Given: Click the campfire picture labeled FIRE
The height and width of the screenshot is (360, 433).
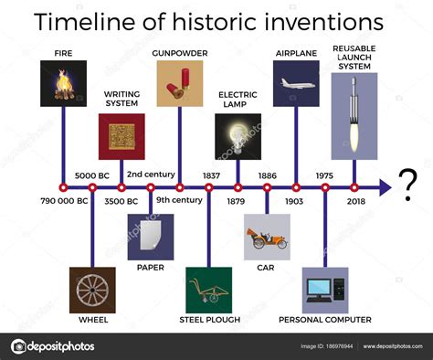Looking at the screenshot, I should coord(64,84).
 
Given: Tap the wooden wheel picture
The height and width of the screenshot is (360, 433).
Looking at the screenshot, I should coord(92,290).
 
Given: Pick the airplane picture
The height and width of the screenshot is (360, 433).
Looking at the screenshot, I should coord(296,84).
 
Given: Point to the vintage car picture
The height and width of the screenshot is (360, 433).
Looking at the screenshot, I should coord(267,238).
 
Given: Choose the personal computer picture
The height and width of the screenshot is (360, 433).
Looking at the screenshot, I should coord(325,290).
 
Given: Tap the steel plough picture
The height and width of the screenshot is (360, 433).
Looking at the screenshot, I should coord(209,290).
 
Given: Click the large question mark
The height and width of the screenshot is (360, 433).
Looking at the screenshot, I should coord(408,180).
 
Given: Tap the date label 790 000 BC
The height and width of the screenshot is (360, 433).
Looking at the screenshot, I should coord(64,201).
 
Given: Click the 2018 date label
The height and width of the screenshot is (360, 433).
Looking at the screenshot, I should coord(354,201).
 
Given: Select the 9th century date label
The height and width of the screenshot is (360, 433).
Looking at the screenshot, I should coord(179,201).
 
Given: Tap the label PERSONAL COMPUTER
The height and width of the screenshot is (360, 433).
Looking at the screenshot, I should coord(325,320).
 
